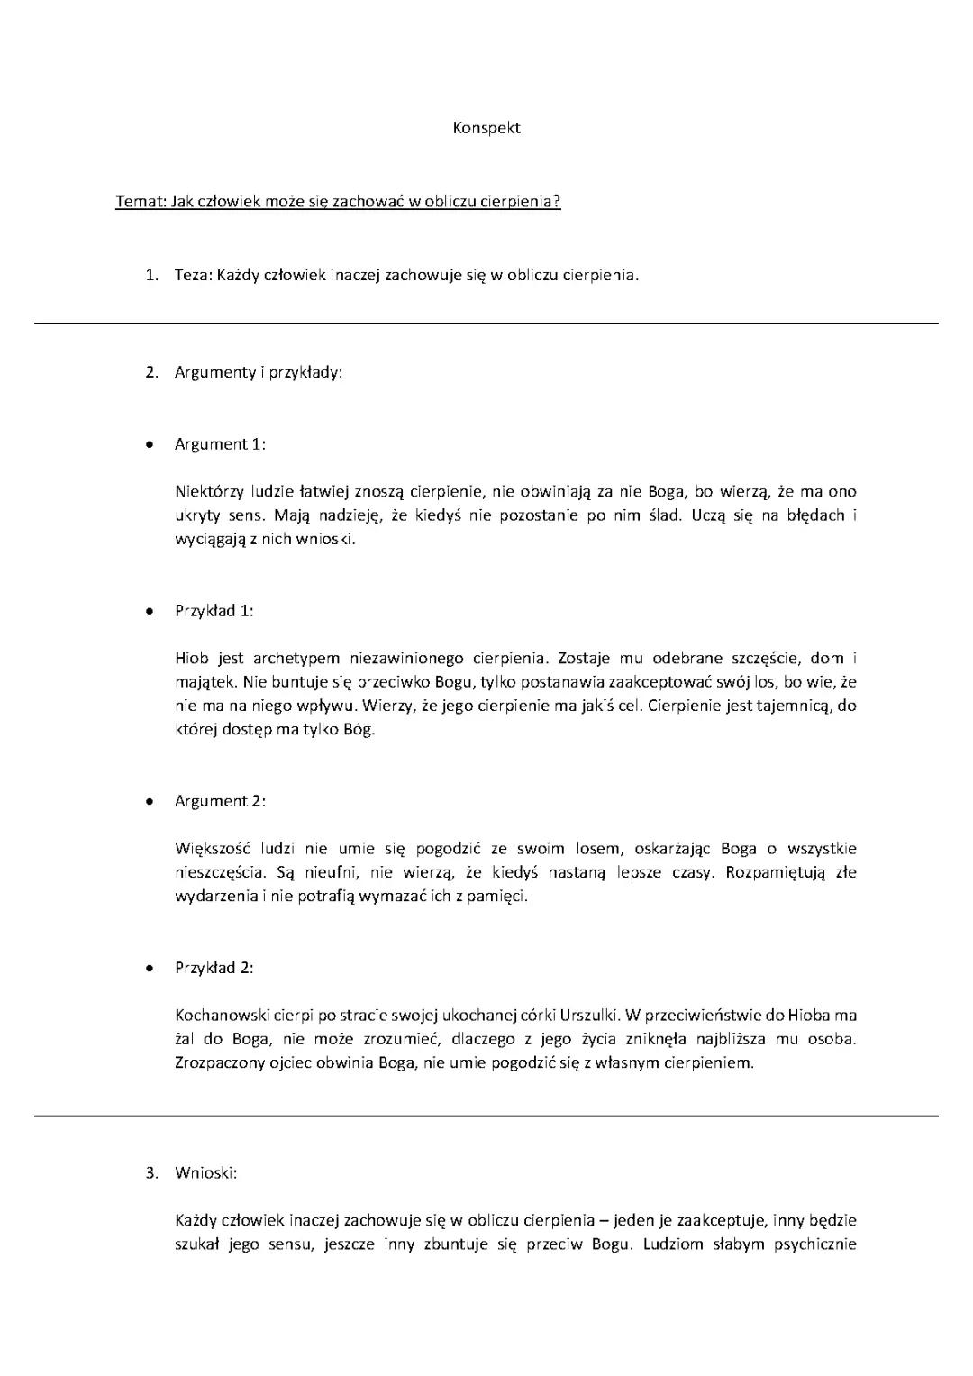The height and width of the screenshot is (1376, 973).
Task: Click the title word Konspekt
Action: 486,128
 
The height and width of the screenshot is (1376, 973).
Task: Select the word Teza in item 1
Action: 192,275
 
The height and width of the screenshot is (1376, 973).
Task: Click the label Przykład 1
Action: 214,611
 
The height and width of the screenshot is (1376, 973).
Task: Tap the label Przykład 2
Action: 214,968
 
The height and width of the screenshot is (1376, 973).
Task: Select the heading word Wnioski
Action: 206,1172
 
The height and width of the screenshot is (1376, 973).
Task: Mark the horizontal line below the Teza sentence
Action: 486,323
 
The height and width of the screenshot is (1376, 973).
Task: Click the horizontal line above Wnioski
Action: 486,1116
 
